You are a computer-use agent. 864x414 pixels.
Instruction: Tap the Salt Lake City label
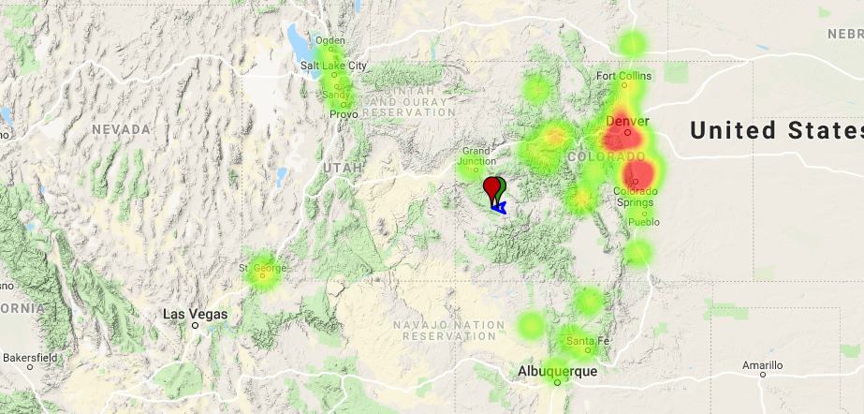coord(333,66)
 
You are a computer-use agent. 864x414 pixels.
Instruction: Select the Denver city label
coord(627,121)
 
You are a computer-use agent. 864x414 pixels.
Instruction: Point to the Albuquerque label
coord(557,372)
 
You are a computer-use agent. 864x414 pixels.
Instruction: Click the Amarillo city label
coord(761,365)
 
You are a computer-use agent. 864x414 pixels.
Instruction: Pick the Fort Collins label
coord(623,76)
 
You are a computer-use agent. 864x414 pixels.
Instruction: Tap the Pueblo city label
coord(643,222)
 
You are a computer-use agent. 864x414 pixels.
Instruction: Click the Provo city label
coord(344,114)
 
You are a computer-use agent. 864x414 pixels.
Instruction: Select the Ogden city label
coord(329,40)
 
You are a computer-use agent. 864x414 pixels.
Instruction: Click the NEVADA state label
coord(122,129)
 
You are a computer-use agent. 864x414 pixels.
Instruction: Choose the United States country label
coord(776,131)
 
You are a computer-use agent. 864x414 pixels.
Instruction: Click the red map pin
coord(491,188)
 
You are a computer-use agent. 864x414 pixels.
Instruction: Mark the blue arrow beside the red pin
coord(501,206)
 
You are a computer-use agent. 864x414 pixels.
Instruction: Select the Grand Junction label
coord(476,155)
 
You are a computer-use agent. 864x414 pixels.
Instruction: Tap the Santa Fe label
coord(583,340)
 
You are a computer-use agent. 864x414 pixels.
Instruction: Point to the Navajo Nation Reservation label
coord(432,330)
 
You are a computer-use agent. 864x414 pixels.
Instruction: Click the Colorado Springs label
coord(636,198)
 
